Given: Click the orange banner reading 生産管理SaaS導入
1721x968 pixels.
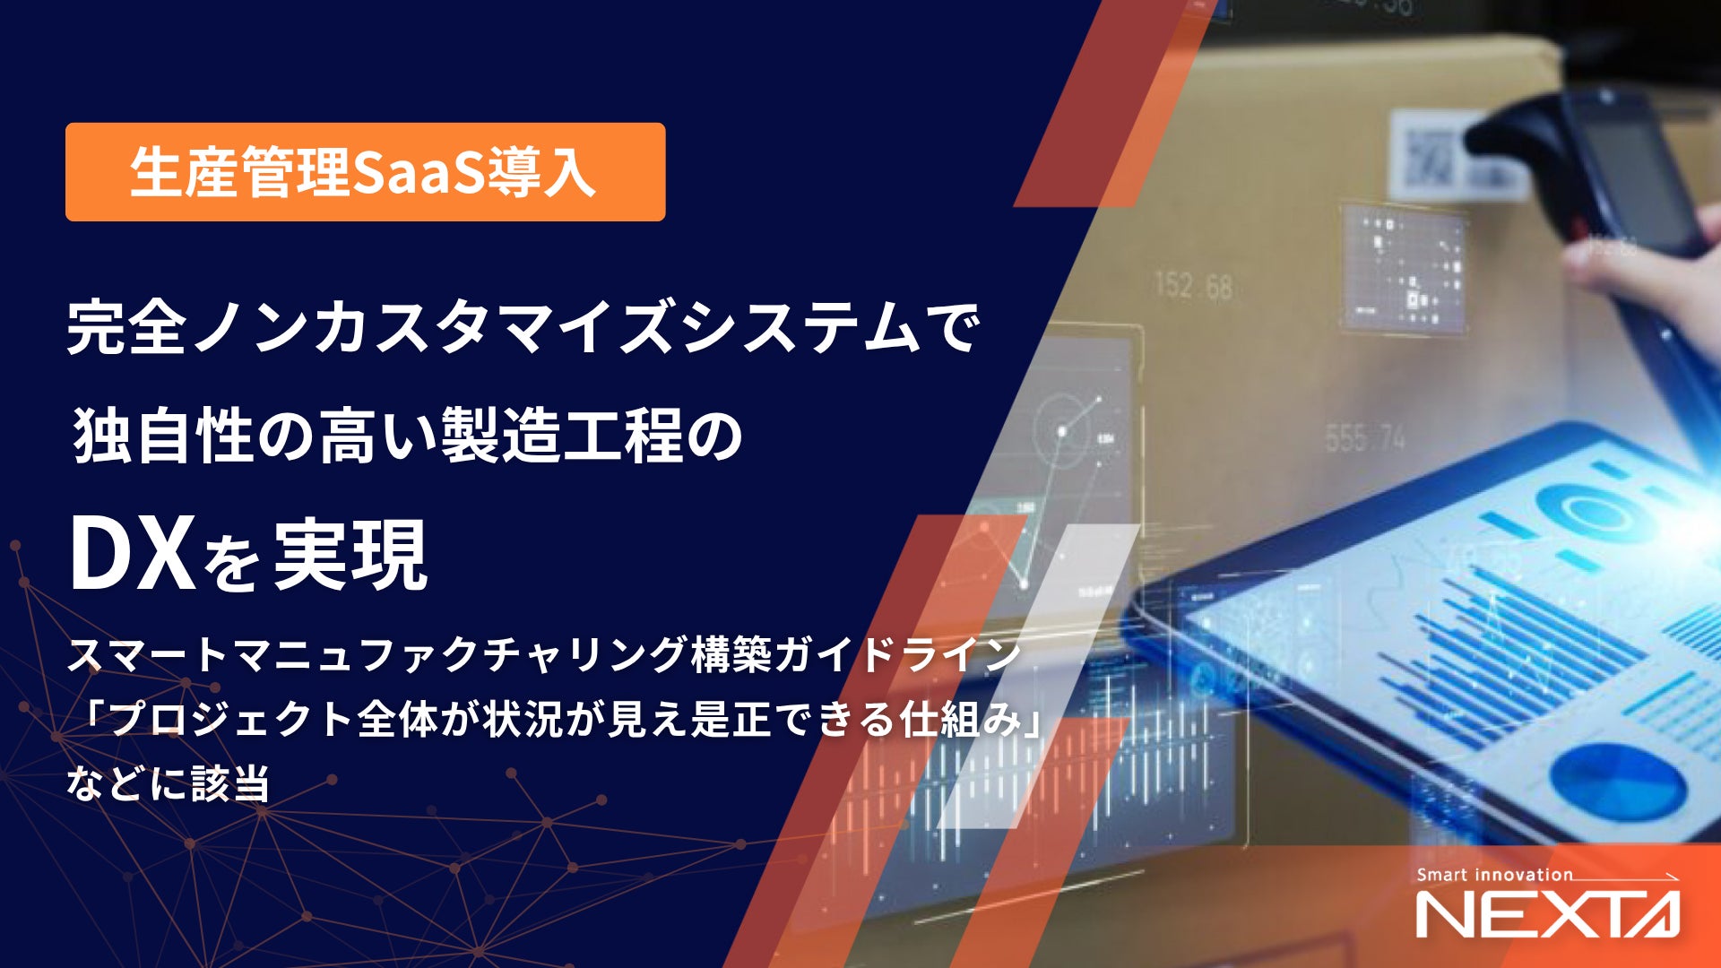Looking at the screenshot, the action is click(365, 172).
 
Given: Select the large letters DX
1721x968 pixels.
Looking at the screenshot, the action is click(133, 556).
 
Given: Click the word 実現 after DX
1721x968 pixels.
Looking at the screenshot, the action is click(350, 556).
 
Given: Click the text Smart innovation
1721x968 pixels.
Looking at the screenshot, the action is click(1494, 875).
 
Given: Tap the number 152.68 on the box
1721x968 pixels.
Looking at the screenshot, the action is click(1193, 286).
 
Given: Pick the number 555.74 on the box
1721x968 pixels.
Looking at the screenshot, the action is click(1365, 438).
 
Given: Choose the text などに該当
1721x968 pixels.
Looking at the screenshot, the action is click(168, 783).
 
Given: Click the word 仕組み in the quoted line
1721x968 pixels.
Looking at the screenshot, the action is click(962, 719).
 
